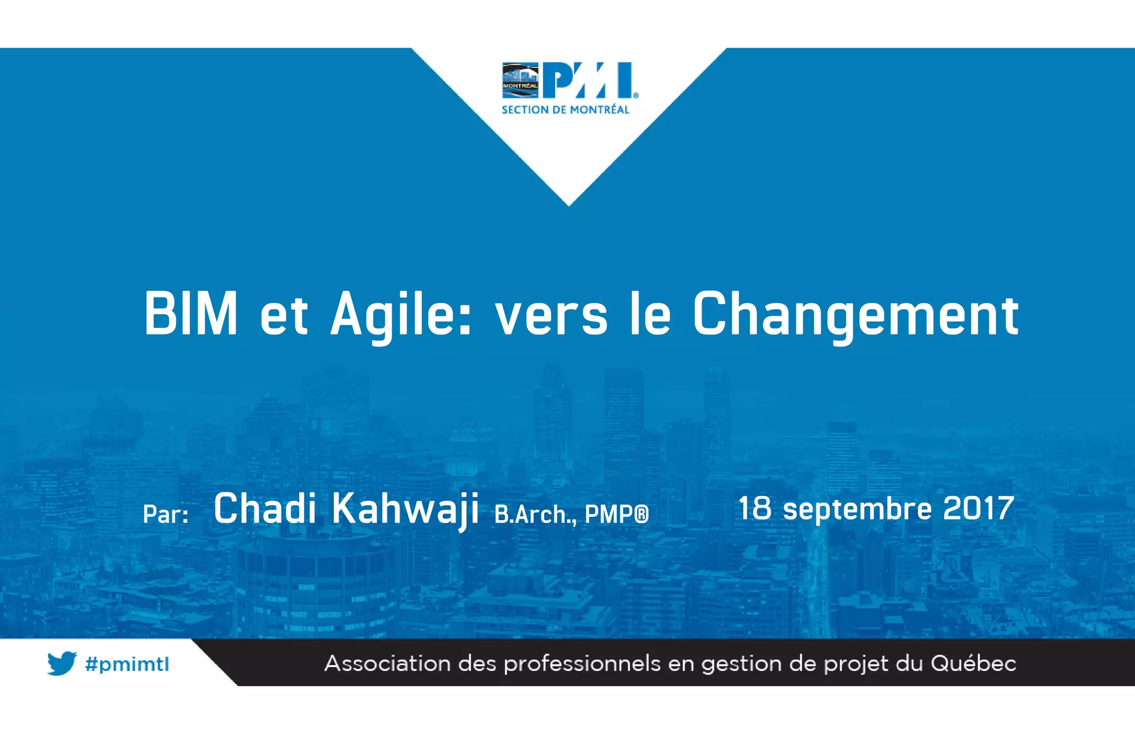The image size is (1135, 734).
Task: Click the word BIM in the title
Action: [x=191, y=314]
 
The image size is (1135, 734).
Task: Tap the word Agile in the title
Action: [x=401, y=314]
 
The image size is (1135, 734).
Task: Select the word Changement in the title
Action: [x=856, y=314]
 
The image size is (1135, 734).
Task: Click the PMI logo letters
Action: [x=588, y=80]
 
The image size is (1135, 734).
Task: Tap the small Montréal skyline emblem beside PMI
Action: [x=520, y=80]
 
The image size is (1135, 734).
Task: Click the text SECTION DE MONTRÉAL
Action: [x=565, y=110]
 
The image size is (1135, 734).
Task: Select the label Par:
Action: [x=166, y=514]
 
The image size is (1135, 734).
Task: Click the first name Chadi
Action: [x=265, y=508]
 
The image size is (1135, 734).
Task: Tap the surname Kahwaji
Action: [x=405, y=509]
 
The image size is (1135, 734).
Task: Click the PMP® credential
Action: [x=616, y=515]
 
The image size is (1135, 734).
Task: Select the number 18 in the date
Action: [x=754, y=508]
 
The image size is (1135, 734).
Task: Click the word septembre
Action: [x=857, y=509]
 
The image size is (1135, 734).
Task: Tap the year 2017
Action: [x=978, y=508]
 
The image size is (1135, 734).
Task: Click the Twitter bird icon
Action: [x=62, y=663]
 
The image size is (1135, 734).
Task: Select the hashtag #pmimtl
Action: [x=127, y=664]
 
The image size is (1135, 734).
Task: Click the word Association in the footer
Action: [x=387, y=663]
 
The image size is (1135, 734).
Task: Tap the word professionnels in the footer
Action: [x=582, y=664]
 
